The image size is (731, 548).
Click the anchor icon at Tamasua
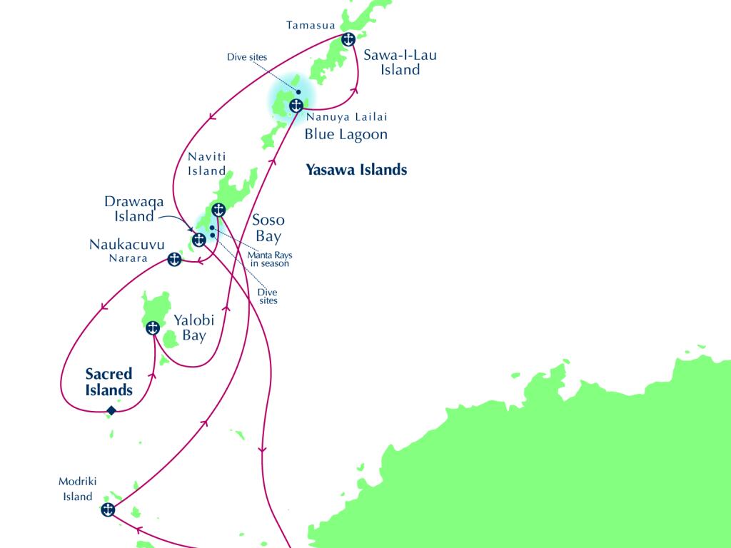point(348,39)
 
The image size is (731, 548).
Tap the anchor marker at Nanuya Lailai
point(296,106)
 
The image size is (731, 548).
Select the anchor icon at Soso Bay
point(219,209)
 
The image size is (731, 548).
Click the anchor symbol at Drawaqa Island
point(199,240)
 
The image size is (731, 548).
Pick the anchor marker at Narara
point(174,259)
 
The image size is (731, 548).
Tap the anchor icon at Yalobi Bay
point(152,328)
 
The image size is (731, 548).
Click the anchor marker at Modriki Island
point(108,509)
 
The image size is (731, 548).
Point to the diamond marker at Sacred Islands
point(111,410)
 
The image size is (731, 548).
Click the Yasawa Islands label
point(356,170)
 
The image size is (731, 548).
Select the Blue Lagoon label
point(346,134)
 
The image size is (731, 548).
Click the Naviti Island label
point(206,163)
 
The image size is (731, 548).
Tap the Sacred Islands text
point(109,382)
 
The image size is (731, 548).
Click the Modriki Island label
point(76,489)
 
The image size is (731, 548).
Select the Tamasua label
point(311,26)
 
